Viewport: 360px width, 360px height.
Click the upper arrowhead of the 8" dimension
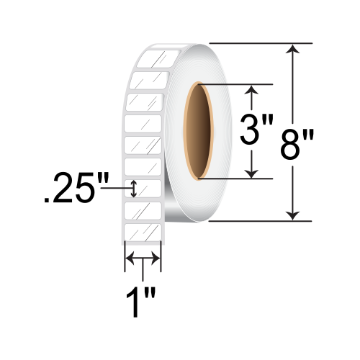point(292,50)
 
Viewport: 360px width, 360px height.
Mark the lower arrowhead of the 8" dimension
point(292,213)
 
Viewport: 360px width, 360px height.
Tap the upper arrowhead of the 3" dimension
point(251,91)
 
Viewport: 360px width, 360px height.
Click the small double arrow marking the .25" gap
point(133,189)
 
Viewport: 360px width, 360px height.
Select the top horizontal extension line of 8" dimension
point(259,43)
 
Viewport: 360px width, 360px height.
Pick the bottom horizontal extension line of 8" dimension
point(259,220)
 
